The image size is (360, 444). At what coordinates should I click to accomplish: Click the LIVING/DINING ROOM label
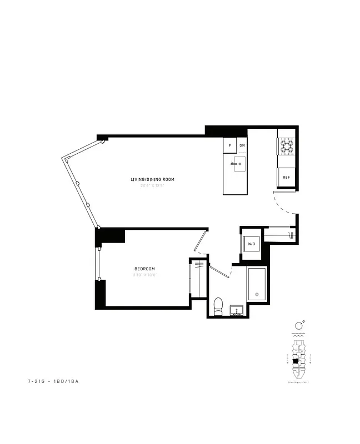(x=152, y=179)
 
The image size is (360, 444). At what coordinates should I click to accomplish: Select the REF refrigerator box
(x=286, y=178)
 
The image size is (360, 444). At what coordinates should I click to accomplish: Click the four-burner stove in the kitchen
(x=286, y=146)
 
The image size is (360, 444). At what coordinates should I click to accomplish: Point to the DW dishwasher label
(x=242, y=146)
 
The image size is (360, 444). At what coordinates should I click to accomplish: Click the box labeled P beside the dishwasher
(x=229, y=146)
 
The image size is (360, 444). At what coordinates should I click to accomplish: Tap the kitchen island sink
(x=239, y=164)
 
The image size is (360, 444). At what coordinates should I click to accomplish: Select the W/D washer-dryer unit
(x=251, y=244)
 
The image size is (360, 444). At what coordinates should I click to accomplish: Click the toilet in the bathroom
(x=218, y=306)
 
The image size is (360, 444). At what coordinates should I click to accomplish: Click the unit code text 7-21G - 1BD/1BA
(x=53, y=381)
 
